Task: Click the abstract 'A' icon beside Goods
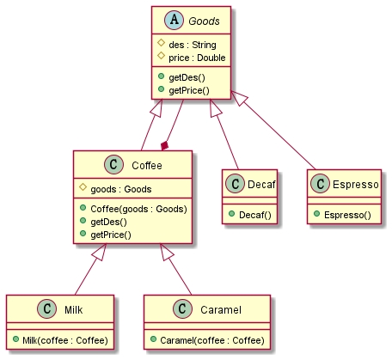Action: (x=174, y=21)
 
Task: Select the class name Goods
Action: (x=204, y=21)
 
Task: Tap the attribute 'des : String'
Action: (x=193, y=45)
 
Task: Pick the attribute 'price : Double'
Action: (x=197, y=58)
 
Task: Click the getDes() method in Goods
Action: (x=187, y=77)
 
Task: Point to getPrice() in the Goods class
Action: (x=189, y=90)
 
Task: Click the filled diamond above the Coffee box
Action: (x=164, y=146)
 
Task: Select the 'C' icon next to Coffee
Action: (x=113, y=165)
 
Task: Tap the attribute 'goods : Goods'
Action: (x=121, y=189)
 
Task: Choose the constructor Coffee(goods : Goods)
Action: (x=138, y=209)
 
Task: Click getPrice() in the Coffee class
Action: (x=111, y=235)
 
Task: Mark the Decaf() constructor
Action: (x=255, y=215)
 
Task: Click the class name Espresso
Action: (x=355, y=185)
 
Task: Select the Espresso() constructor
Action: (x=347, y=215)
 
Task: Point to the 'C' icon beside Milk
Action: (x=47, y=309)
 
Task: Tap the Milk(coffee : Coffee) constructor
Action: (x=65, y=340)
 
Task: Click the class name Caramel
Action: (x=221, y=310)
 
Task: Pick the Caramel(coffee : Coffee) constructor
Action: (x=212, y=340)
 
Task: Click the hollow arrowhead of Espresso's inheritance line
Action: (x=239, y=98)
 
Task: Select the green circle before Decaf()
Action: (x=232, y=214)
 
